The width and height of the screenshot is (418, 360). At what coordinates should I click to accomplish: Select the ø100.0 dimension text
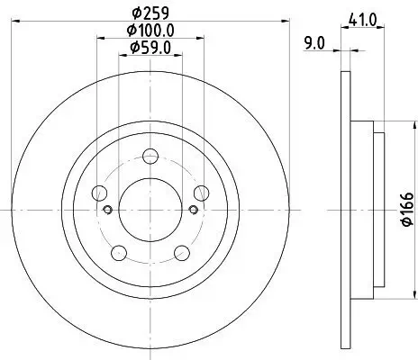click(x=150, y=32)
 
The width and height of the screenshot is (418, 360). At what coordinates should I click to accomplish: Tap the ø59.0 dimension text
click(x=150, y=48)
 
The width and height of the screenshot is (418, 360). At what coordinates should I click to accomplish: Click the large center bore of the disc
click(x=150, y=209)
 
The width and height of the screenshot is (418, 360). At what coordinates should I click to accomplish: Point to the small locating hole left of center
click(x=108, y=210)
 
